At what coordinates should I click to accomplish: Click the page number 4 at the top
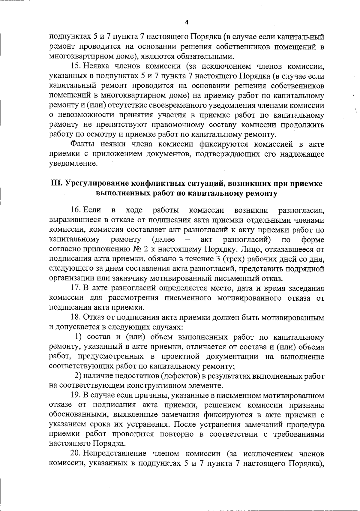187,23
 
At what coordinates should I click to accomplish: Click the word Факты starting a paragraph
80,144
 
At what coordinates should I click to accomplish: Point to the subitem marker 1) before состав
78,337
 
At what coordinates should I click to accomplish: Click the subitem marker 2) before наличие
78,376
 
